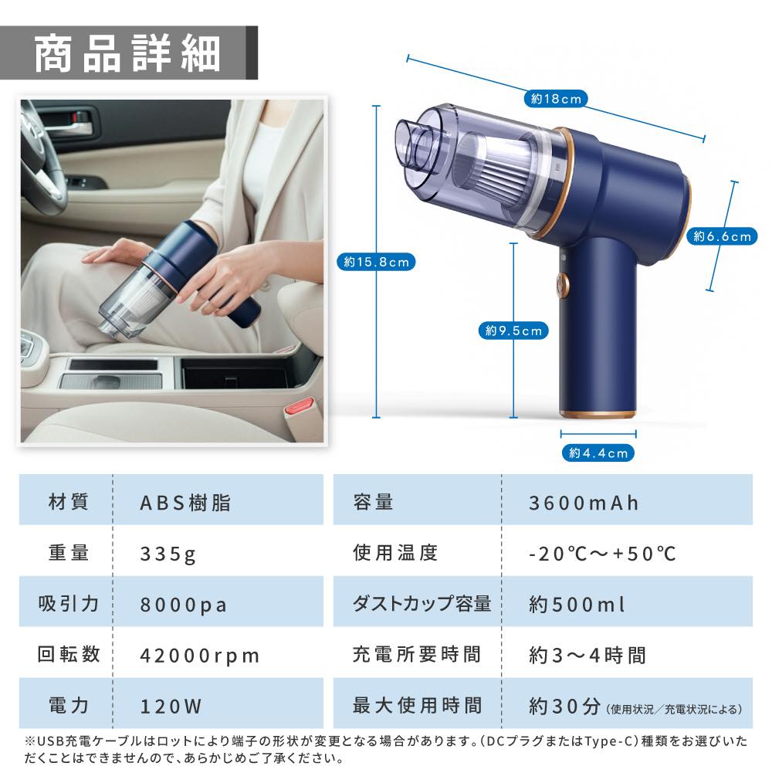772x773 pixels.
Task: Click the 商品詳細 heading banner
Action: pos(128,53)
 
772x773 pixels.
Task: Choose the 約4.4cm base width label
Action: pos(598,453)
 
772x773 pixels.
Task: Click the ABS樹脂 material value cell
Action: pos(185,503)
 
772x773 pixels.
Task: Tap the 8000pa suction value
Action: pos(184,605)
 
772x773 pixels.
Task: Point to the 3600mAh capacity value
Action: pos(584,503)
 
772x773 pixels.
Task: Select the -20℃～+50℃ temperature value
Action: pos(602,554)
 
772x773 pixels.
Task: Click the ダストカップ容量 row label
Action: pos(422,604)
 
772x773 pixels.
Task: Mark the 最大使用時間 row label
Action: pos(417,705)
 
